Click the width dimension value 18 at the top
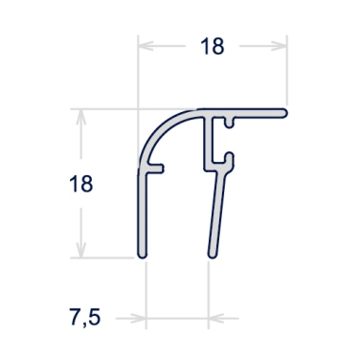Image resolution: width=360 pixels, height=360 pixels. pyautogui.click(x=214, y=46)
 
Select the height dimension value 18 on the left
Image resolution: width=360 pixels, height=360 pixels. pyautogui.click(x=82, y=183)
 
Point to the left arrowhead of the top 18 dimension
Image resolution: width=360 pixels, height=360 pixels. pyautogui.click(x=146, y=46)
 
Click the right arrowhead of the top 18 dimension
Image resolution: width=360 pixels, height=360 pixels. pyautogui.click(x=281, y=46)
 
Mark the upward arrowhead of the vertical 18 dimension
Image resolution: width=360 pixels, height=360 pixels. pyautogui.click(x=82, y=116)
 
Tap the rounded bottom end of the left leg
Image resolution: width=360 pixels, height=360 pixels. pyautogui.click(x=142, y=255)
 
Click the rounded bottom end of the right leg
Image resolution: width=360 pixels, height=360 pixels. pyautogui.click(x=210, y=255)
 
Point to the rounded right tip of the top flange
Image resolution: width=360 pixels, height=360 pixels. pyautogui.click(x=285, y=112)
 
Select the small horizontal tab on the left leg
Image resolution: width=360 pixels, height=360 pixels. pyautogui.click(x=157, y=169)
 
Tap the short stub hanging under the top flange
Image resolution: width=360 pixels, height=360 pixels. pyautogui.click(x=230, y=122)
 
